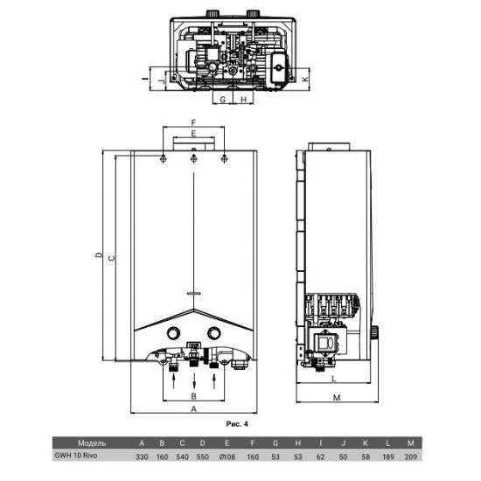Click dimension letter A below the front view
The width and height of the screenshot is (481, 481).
coord(192,407)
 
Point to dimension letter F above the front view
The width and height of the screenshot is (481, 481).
coord(193,122)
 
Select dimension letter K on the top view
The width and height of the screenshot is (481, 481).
coord(304,78)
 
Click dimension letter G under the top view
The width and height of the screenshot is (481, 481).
coord(223,100)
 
